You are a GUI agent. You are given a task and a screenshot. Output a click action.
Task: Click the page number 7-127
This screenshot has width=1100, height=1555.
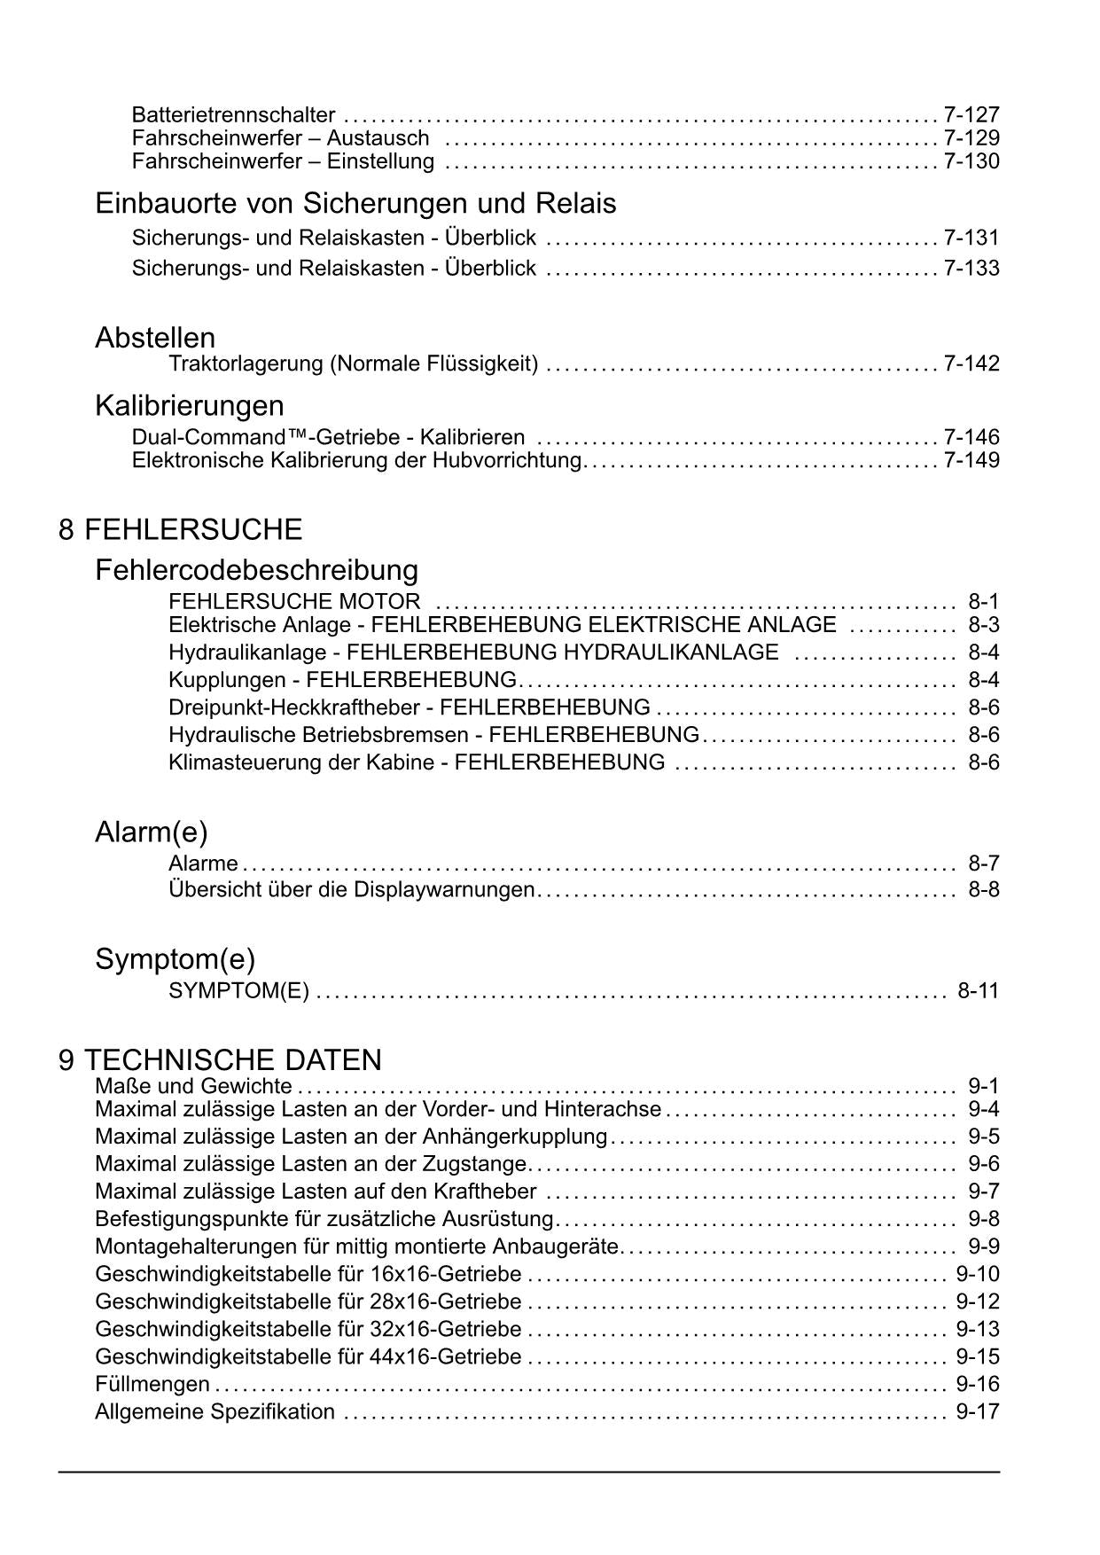point(971,114)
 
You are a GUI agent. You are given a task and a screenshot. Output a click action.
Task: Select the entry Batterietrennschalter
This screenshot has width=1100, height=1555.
point(233,114)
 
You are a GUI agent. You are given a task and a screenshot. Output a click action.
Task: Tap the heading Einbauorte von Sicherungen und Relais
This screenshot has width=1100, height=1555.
point(355,204)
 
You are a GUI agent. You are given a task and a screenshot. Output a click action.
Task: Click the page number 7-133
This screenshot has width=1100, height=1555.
point(971,268)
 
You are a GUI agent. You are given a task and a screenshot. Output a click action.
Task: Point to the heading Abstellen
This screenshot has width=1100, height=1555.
point(155,338)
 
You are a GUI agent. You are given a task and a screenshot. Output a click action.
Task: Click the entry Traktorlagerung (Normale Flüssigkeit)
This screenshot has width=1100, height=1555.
point(353,363)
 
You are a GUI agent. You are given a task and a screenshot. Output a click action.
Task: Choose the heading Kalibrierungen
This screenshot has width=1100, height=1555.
point(190,406)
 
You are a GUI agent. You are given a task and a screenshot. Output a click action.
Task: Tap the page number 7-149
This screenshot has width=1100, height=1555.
point(971,460)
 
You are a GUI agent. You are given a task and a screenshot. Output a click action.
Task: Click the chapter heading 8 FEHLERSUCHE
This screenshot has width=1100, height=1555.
point(181,530)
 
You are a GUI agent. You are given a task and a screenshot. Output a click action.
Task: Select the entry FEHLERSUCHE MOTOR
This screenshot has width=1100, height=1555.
point(294,602)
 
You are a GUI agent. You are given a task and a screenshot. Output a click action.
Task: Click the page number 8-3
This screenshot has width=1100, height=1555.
point(984,625)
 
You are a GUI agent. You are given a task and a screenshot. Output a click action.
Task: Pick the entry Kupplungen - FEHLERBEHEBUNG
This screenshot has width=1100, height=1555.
point(342,680)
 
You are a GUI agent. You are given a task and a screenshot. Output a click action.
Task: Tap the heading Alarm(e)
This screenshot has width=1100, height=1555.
point(152,832)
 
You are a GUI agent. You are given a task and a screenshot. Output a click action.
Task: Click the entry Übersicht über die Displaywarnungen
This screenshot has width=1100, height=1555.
point(351,889)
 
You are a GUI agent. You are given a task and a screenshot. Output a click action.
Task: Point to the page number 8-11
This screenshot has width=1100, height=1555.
point(978,990)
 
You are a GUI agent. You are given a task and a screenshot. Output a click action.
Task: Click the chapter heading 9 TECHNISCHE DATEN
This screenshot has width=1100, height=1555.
point(221,1060)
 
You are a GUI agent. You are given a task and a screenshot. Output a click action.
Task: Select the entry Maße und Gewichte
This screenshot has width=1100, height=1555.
point(193,1086)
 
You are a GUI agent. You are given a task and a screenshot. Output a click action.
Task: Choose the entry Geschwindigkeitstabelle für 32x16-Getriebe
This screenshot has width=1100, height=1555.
point(308,1329)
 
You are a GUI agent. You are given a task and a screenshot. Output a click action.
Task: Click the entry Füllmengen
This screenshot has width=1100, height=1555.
point(152,1384)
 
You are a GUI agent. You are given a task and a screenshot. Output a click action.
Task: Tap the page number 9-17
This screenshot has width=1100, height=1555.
point(978,1411)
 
